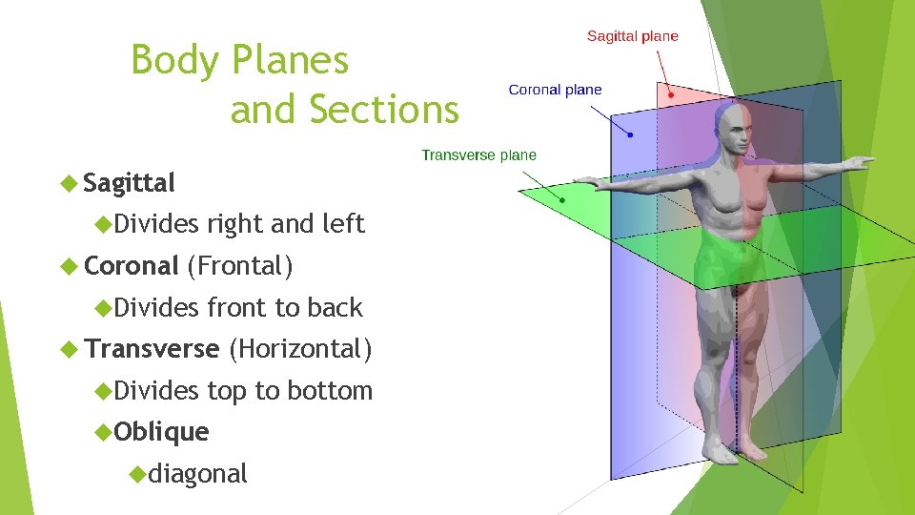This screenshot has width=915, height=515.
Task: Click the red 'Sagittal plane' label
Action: (x=632, y=36)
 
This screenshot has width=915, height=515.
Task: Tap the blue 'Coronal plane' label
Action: (x=555, y=90)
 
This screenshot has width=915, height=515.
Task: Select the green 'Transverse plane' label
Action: (x=478, y=154)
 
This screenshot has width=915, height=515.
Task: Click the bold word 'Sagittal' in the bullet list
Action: (x=129, y=182)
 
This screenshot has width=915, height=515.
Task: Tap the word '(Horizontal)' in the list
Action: (x=300, y=349)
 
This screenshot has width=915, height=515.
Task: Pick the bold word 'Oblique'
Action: (x=161, y=432)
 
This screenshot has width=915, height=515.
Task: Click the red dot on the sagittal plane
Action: (x=671, y=94)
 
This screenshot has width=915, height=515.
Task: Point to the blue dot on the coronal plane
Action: (x=628, y=134)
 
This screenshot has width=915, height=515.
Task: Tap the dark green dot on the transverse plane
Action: (x=562, y=200)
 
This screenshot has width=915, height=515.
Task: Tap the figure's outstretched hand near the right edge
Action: (x=862, y=162)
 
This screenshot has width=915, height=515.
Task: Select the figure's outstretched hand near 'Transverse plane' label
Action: (x=587, y=181)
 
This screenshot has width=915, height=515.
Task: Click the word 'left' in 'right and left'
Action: (x=344, y=224)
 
